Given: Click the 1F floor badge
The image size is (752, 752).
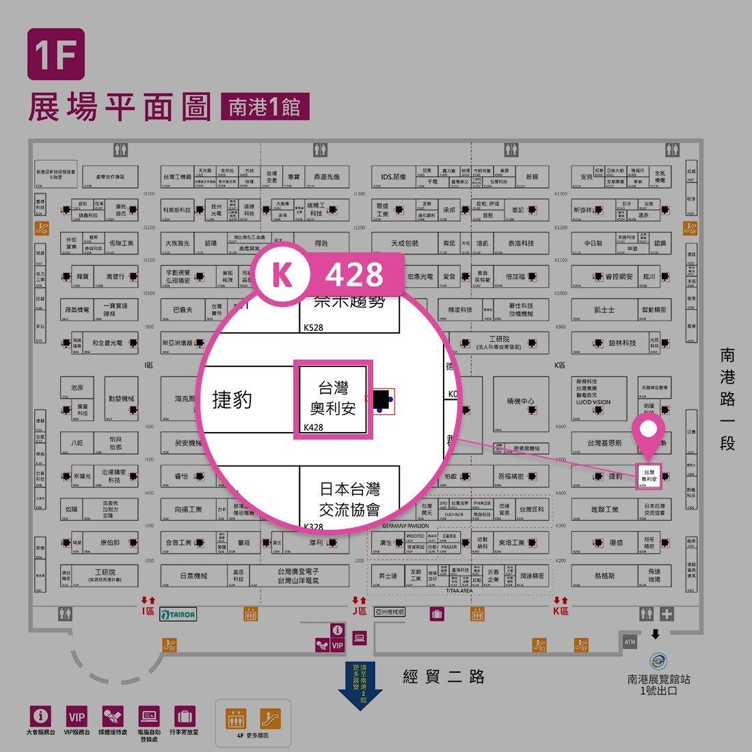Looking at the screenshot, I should [x=56, y=54].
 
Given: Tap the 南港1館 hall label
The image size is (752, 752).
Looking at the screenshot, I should [x=265, y=107].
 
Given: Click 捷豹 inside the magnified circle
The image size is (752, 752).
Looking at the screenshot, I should [x=232, y=400].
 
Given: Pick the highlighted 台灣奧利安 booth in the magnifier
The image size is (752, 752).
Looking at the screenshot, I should [x=333, y=399].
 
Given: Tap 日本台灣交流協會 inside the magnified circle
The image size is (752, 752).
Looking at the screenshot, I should [x=349, y=499].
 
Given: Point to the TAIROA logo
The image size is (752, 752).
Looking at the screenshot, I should [x=178, y=615].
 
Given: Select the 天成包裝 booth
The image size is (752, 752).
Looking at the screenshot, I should [x=405, y=243].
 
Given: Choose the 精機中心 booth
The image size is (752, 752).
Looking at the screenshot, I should [x=521, y=401].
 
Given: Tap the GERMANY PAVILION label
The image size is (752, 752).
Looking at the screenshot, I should [x=405, y=526].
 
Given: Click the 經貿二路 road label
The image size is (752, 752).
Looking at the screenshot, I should [x=444, y=677].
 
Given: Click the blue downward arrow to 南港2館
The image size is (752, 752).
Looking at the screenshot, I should [x=360, y=686].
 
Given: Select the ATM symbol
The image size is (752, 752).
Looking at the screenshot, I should [x=630, y=642].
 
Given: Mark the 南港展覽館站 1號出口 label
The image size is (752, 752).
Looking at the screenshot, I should [x=658, y=684].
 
